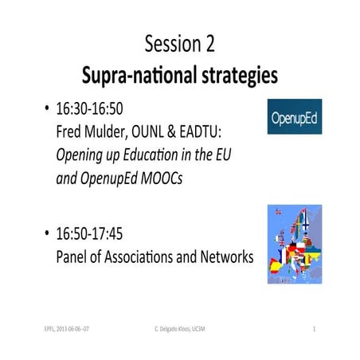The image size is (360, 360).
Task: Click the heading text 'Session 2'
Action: coord(179,45)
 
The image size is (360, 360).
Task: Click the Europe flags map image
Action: coord(294,243)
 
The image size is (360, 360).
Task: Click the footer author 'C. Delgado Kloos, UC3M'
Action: coord(181,328)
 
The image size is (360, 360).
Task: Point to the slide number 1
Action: coord(315,328)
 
